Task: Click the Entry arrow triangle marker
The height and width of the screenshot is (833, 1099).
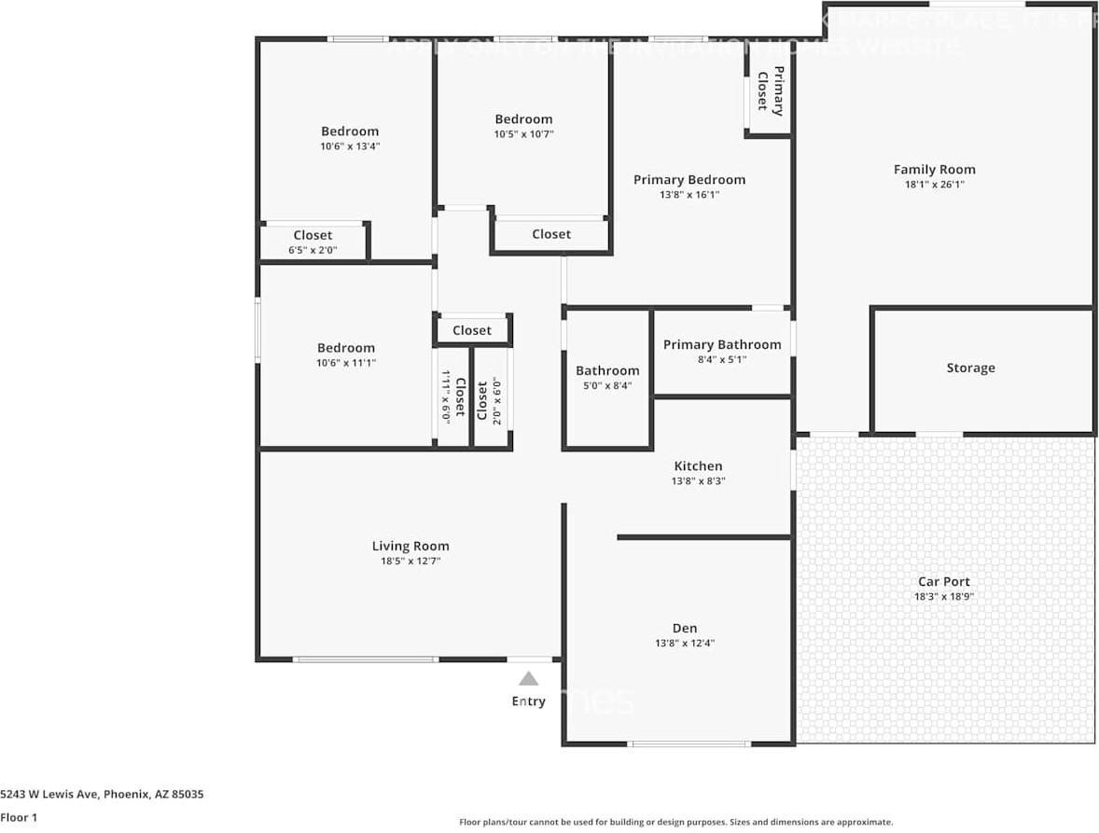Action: [x=528, y=679]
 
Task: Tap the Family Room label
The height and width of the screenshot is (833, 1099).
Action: [x=934, y=170]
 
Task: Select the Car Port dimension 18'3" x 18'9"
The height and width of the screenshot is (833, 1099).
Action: [x=944, y=597]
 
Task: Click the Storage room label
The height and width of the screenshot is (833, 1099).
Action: [x=970, y=368]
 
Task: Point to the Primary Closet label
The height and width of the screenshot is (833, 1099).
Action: [x=771, y=90]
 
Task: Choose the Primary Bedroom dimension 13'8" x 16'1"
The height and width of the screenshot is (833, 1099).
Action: [x=689, y=195]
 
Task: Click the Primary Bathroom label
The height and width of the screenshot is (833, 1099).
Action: [x=722, y=345]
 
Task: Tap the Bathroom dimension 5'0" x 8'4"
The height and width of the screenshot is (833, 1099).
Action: [x=607, y=385]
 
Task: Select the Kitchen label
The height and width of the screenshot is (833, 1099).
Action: [x=698, y=466]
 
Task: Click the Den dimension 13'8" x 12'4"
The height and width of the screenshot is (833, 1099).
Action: [x=685, y=643]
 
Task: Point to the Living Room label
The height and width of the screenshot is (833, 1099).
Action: [x=410, y=547]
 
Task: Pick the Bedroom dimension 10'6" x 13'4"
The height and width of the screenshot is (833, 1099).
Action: [x=350, y=146]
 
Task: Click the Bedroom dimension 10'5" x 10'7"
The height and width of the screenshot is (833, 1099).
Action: [x=523, y=134]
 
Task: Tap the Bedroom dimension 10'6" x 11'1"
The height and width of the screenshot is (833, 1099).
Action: [x=346, y=363]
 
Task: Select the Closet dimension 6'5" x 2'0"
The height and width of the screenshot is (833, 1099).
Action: [x=313, y=250]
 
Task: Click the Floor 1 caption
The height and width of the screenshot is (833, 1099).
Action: [x=19, y=817]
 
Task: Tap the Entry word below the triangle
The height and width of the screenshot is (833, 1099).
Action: [x=528, y=701]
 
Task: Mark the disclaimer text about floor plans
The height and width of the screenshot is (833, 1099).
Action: [x=675, y=822]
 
